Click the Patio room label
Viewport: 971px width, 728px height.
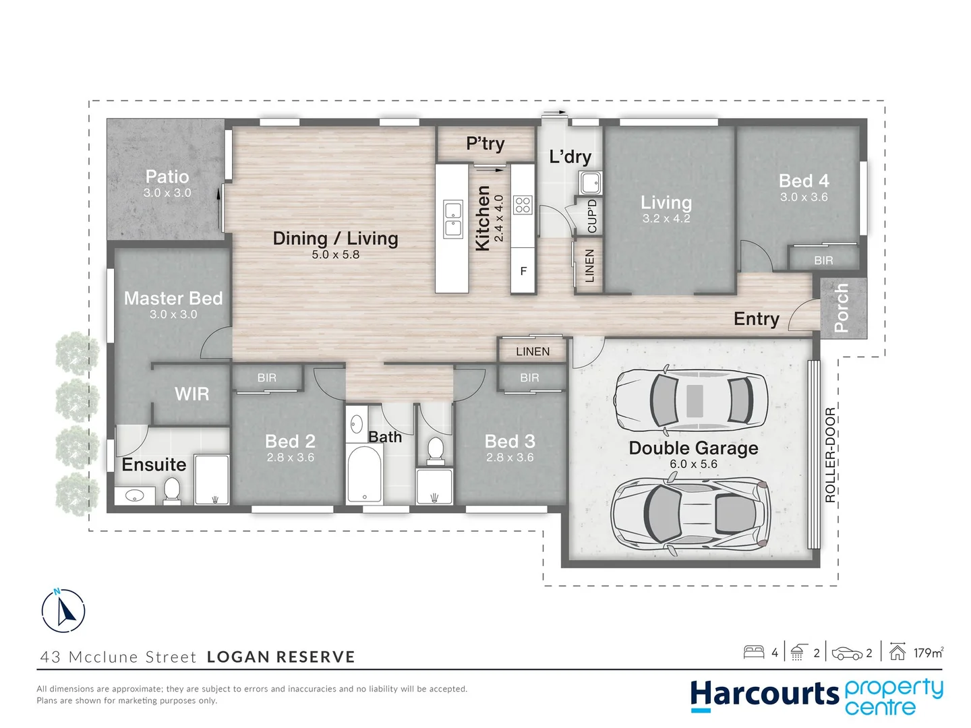pos(167,177)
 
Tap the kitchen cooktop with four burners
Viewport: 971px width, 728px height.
pos(523,205)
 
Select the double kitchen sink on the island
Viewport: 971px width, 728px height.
pos(453,219)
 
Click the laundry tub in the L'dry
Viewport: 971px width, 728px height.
pos(590,183)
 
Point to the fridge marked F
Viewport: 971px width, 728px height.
pos(523,271)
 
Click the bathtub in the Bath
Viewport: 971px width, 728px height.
pos(365,473)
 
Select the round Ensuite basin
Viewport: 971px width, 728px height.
pos(134,496)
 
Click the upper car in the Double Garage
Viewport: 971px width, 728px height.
pos(691,400)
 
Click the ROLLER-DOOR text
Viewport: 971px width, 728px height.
pos(830,455)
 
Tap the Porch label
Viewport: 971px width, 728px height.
pos(841,307)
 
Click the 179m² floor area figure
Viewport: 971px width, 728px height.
pos(929,653)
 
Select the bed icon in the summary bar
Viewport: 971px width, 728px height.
pos(754,652)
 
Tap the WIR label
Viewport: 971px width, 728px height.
pos(192,394)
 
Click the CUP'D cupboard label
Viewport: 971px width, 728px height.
pos(592,216)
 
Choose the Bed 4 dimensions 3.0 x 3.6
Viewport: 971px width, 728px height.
pos(804,197)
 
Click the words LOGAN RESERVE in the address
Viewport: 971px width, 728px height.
pos(281,657)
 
